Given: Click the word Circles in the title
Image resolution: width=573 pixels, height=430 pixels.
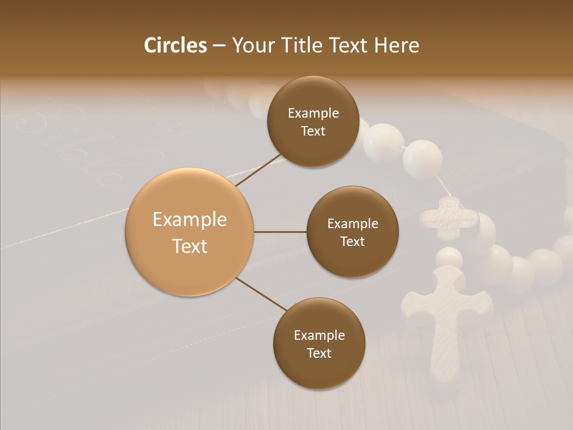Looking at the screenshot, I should pyautogui.click(x=175, y=45).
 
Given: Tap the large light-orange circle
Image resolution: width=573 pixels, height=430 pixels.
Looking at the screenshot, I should pyautogui.click(x=190, y=232).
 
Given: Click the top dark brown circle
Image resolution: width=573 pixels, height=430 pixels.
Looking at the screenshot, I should pyautogui.click(x=313, y=122).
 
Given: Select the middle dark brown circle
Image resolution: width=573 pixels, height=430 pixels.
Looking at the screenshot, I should pyautogui.click(x=352, y=232).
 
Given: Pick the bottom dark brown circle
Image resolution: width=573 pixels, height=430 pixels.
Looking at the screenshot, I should pyautogui.click(x=318, y=343).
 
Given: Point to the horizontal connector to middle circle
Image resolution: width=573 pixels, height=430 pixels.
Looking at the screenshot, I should pyautogui.click(x=281, y=232).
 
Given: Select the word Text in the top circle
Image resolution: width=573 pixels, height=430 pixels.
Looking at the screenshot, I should pyautogui.click(x=313, y=131).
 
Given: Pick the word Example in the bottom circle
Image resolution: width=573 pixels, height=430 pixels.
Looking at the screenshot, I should pyautogui.click(x=319, y=335).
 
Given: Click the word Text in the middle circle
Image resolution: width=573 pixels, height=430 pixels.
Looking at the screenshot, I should pyautogui.click(x=352, y=241).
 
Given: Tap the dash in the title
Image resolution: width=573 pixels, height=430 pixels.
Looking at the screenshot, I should pyautogui.click(x=219, y=45).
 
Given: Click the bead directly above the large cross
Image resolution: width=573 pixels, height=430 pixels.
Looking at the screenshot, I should pyautogui.click(x=448, y=257).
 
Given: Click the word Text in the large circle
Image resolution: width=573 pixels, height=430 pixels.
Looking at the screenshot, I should pyautogui.click(x=190, y=245).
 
